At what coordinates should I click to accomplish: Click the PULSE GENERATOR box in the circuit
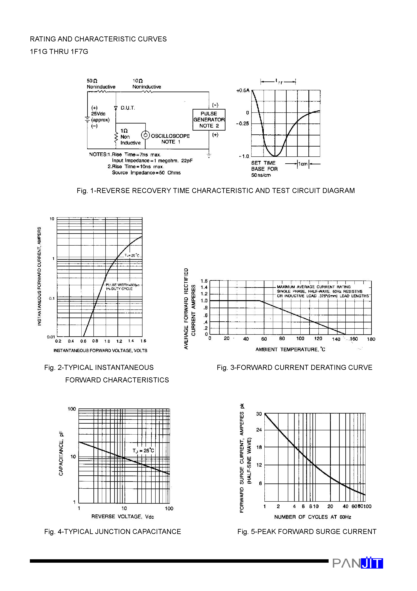click(209, 120)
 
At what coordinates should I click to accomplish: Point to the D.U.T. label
click(128, 108)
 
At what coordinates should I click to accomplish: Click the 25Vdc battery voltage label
click(98, 114)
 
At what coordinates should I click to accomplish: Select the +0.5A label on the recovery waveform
click(243, 91)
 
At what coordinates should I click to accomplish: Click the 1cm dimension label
click(303, 164)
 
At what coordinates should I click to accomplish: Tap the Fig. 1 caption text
click(215, 191)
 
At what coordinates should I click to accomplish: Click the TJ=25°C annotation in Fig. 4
click(143, 451)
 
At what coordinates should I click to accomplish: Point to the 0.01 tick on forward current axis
click(51, 337)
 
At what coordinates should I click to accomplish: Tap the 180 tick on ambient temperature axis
click(371, 339)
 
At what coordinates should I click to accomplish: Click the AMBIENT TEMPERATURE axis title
click(290, 349)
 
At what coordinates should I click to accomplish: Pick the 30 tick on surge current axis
click(259, 414)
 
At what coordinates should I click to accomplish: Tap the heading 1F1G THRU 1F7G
click(59, 52)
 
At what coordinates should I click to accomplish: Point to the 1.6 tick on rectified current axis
click(204, 281)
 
